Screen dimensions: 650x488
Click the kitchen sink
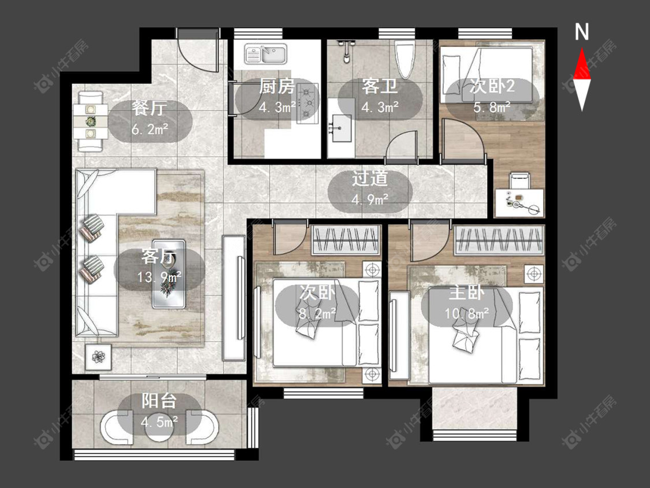(266, 54)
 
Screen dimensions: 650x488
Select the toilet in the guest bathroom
(405, 61)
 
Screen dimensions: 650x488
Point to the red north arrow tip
(582, 49)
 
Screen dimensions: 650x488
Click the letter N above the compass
(582, 32)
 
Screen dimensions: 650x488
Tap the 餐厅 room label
(150, 108)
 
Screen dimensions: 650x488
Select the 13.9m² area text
(159, 277)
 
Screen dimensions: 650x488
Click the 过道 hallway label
(370, 179)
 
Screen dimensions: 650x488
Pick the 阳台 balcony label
(159, 401)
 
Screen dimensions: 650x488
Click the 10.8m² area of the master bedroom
(467, 313)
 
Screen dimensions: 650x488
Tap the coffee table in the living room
(169, 274)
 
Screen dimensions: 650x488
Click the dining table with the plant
(91, 121)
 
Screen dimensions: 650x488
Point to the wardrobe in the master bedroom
(499, 240)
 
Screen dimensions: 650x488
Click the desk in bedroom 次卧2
(519, 202)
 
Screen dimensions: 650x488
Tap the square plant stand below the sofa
(99, 356)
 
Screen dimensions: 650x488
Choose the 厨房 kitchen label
(277, 87)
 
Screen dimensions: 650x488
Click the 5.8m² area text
(492, 108)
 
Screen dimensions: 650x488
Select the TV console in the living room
(234, 298)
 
